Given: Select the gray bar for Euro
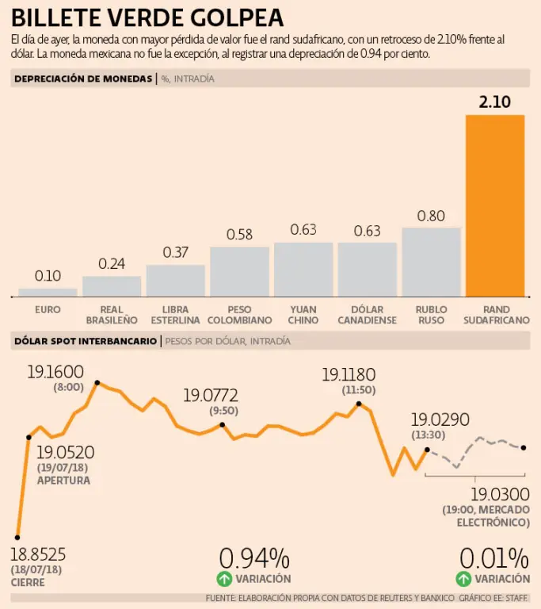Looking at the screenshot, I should [48, 292].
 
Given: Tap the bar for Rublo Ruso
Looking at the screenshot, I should [431, 262].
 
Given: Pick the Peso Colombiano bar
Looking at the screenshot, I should [239, 271].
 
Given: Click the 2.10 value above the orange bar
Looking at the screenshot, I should [495, 101].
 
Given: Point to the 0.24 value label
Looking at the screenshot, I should [112, 264].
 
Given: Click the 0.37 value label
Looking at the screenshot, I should [176, 252].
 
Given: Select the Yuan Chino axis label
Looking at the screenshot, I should [303, 315].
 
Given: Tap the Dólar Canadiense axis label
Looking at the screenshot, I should [367, 315].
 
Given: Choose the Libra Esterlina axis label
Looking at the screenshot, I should [176, 315].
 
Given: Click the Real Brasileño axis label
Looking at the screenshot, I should [112, 315].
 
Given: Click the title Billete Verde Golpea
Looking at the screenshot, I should [147, 17].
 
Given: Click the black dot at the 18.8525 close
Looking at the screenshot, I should [17, 537].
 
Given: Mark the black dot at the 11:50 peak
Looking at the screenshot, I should [359, 404].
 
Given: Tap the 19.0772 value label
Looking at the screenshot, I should [211, 395].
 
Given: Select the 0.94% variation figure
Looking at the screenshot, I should [253, 558].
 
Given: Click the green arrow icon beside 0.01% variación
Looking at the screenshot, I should [463, 579].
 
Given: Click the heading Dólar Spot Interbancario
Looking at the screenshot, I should [86, 341].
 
